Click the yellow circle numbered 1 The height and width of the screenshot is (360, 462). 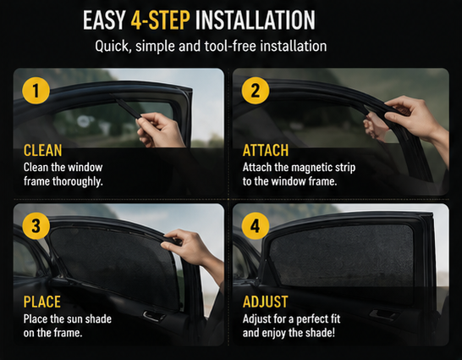coord(36,91)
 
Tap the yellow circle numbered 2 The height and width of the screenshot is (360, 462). coord(256,91)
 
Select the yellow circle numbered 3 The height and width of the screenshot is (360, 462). coord(36,225)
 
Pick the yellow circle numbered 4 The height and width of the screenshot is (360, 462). coord(256,225)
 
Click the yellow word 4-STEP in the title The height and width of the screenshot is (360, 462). coord(160,20)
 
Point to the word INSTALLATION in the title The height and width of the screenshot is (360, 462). coord(256,20)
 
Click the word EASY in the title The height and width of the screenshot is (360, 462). coord(104,20)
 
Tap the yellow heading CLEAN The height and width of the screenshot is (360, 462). coord(42,151)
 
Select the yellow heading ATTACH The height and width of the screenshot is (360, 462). coord(266,151)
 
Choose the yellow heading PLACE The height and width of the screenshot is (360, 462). coord(41,302)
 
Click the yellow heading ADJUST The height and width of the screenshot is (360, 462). coord(265,302)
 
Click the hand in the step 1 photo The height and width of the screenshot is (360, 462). coord(159,130)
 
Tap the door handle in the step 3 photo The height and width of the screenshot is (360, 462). coord(154,316)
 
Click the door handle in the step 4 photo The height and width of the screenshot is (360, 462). coord(383,314)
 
